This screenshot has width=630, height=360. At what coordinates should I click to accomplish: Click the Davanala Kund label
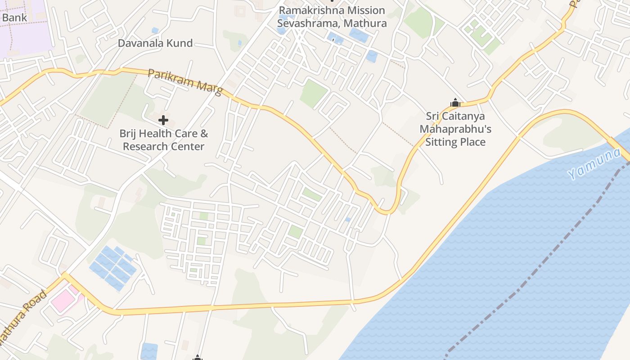(155, 43)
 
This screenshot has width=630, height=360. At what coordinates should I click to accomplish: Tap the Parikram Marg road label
(185, 81)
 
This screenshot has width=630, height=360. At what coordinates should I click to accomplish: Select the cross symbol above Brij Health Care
(163, 120)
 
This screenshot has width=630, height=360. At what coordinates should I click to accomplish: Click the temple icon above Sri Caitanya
(455, 103)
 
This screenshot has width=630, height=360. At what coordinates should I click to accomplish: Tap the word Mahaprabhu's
(455, 130)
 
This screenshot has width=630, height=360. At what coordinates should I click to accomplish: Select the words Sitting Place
(455, 142)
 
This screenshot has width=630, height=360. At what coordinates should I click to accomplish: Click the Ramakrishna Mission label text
(332, 10)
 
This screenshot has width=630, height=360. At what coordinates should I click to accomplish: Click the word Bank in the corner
(14, 18)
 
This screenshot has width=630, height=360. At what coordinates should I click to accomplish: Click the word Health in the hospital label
(156, 134)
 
